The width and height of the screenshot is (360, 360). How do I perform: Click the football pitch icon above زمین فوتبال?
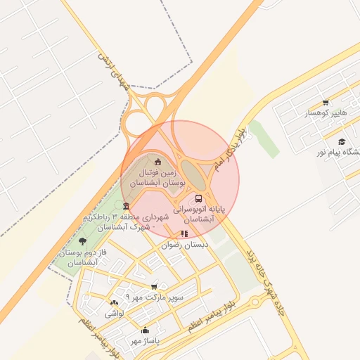coord(157,162)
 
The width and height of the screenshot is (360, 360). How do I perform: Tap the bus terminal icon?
coord(198,199)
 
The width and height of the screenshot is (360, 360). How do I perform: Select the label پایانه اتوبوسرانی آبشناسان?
coord(193,214)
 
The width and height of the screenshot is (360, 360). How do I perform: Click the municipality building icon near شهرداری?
coord(126,206)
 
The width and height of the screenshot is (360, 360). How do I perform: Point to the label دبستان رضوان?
coord(186,245)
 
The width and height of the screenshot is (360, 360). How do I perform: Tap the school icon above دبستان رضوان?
coord(184,234)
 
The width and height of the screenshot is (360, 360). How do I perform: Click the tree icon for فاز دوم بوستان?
coord(83,241)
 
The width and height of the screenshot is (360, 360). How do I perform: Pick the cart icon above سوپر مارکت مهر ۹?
coord(154,287)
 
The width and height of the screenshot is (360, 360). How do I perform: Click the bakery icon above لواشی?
coord(114,303)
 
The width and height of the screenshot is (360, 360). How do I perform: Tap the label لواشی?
coord(114,314)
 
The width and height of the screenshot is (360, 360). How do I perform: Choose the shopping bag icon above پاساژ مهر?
coord(146,330)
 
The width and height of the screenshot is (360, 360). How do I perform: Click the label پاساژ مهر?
coord(145,341)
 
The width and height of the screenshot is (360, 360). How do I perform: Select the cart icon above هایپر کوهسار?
coord(326,103)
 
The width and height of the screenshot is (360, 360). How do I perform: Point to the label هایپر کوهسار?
coord(326,113)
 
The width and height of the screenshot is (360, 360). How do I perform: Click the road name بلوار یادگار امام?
coord(231,152)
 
